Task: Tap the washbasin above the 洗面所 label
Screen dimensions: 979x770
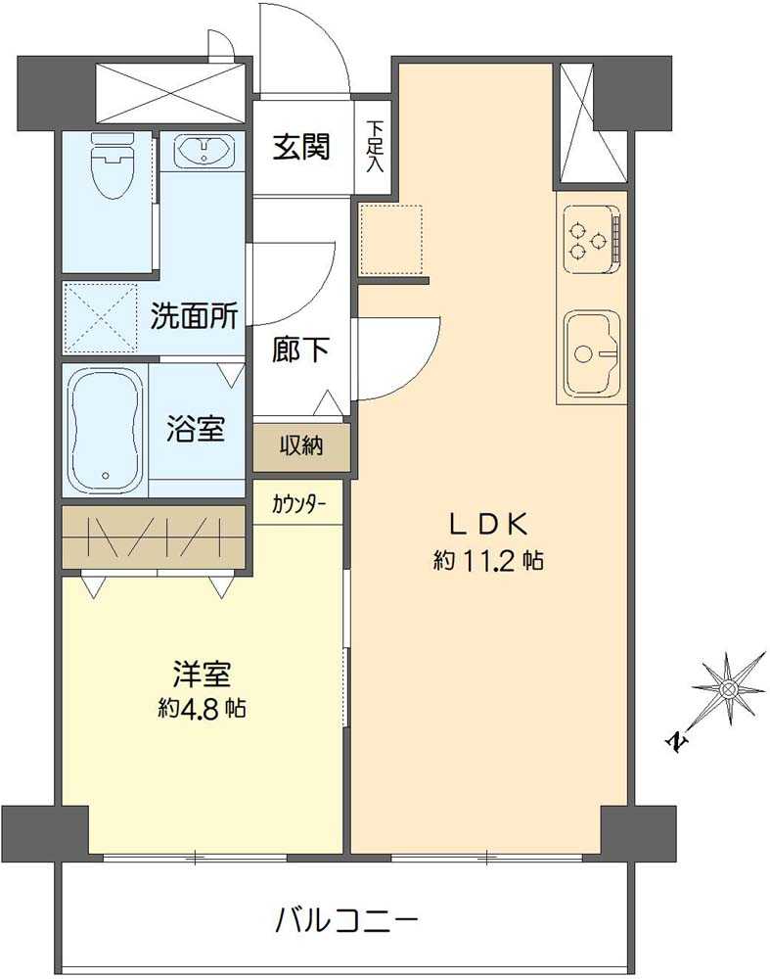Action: pos(204,152)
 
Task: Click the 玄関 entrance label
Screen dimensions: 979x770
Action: pos(300,147)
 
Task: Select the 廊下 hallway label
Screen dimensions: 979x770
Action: pos(299,350)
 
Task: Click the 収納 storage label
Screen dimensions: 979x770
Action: pos(301,446)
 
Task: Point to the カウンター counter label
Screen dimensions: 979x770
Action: pos(299,506)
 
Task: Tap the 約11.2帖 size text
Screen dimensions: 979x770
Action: pos(489,561)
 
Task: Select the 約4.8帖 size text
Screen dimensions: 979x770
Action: pos(203,708)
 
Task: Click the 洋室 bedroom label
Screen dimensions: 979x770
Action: pos(202,675)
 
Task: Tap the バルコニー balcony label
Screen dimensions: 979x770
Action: pos(347,920)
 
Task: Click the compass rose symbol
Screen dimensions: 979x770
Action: pos(728,689)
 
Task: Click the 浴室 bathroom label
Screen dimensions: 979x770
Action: pos(196,429)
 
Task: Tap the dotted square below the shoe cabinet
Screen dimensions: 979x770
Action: pos(390,238)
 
